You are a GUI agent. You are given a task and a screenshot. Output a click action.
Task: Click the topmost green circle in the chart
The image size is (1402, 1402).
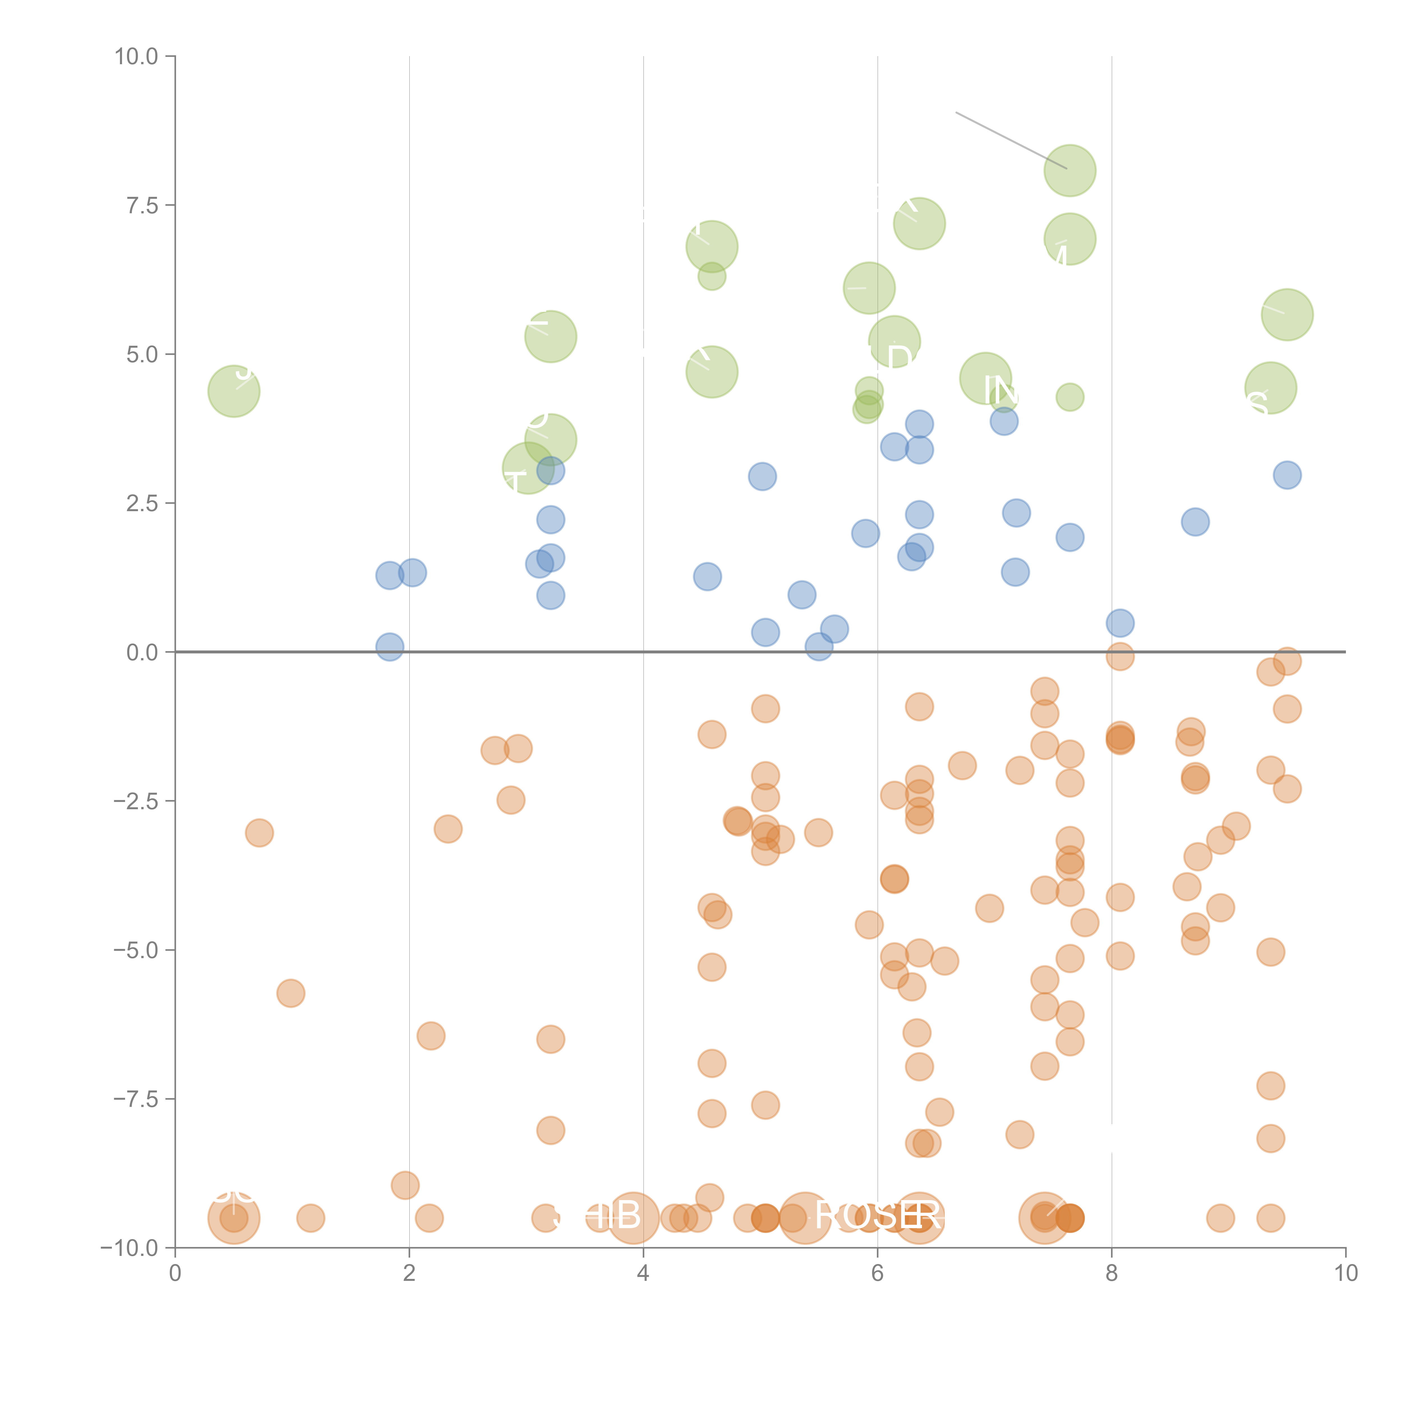tap(1070, 170)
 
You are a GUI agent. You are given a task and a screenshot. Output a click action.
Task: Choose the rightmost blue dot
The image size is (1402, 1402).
tap(1287, 475)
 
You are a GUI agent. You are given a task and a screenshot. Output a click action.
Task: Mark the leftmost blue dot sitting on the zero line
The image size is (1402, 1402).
tap(390, 647)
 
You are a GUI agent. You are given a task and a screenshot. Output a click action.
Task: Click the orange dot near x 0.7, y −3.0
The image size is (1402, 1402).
tap(259, 832)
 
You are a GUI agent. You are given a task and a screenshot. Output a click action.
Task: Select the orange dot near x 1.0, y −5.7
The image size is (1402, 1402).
tap(290, 993)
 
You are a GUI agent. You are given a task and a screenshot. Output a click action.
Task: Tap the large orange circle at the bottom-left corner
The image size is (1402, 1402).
tap(234, 1218)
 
